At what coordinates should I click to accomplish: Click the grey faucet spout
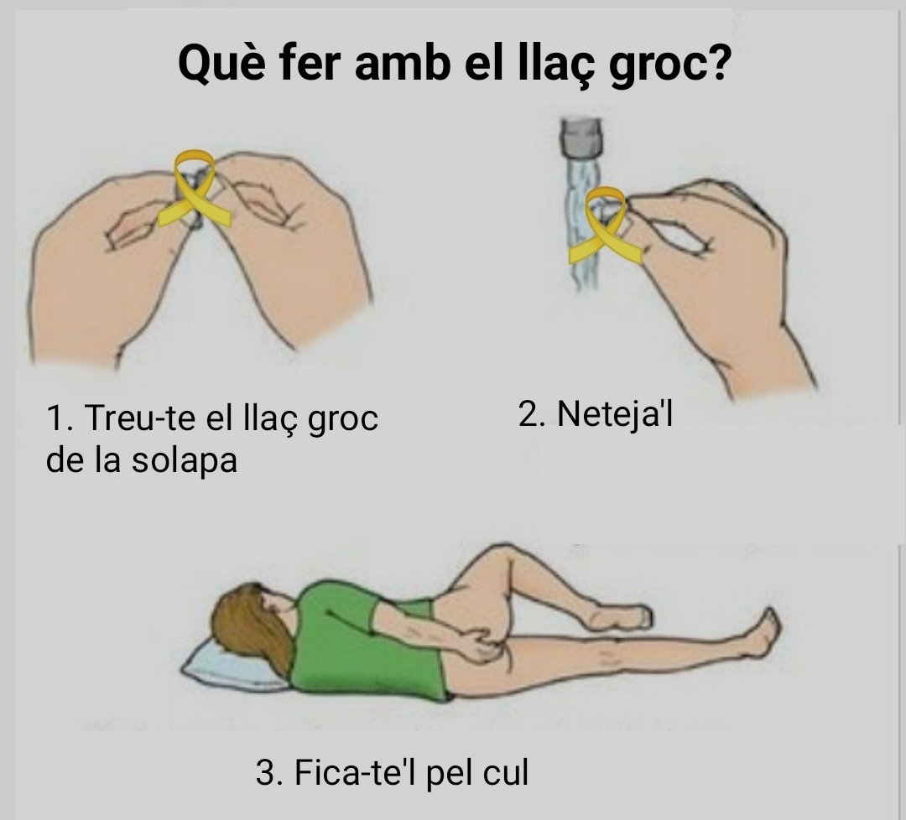(x=581, y=138)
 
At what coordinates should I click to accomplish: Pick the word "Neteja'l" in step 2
(x=616, y=414)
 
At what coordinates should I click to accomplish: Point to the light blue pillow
(x=234, y=670)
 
